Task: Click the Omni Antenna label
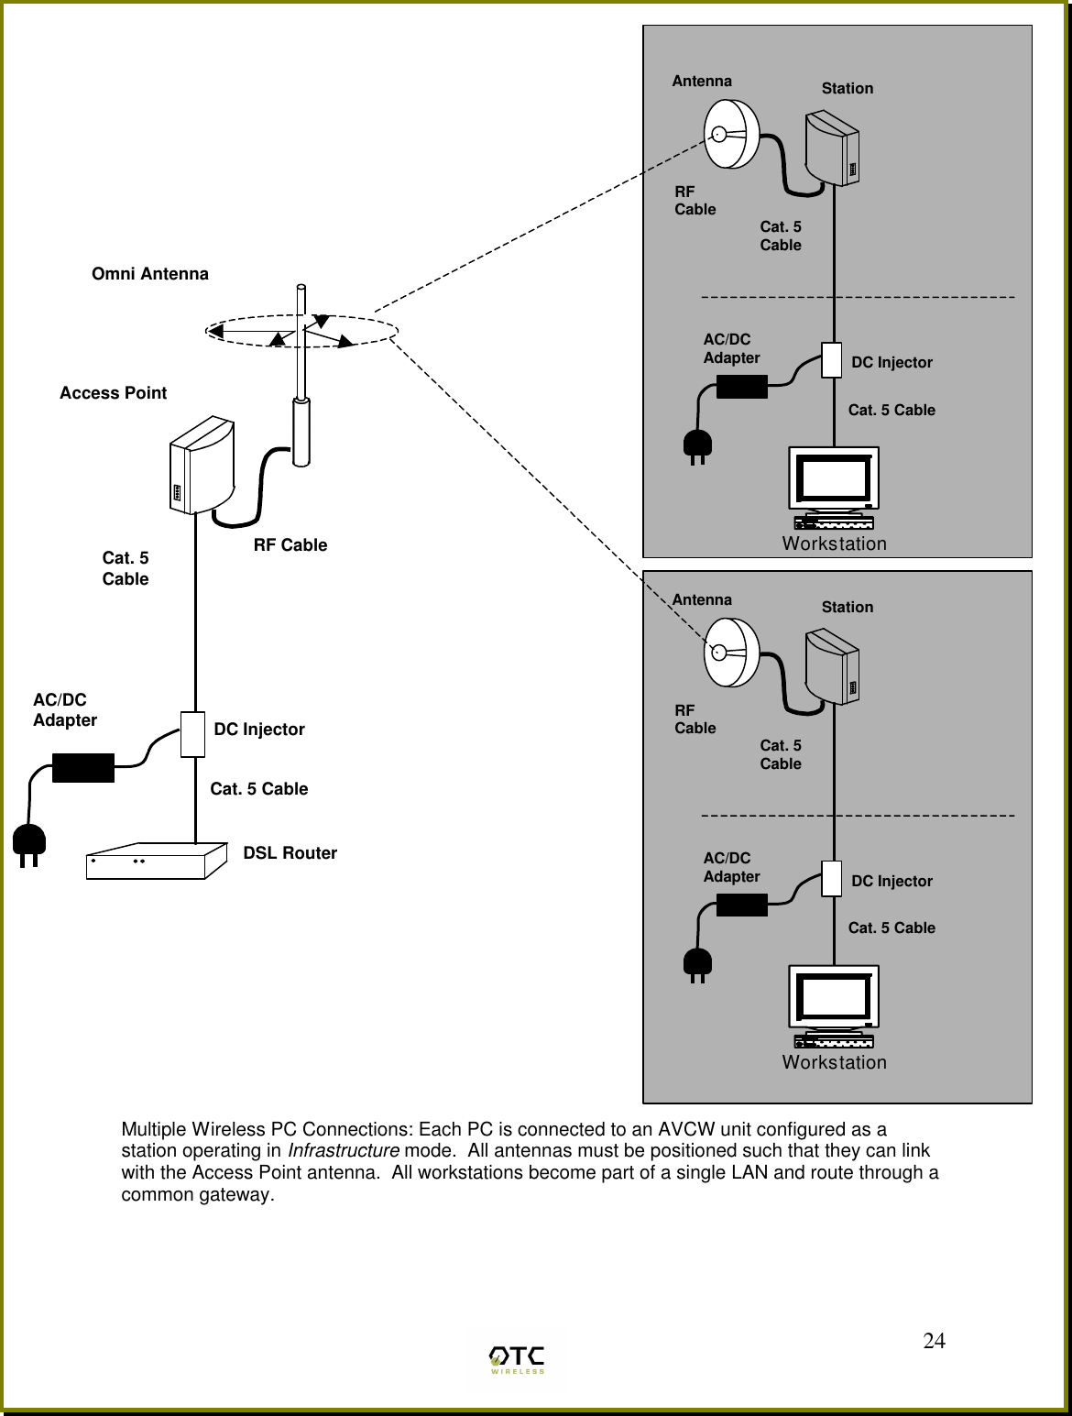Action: pyautogui.click(x=150, y=274)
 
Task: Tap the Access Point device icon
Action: pyautogui.click(x=202, y=467)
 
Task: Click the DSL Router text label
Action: pyautogui.click(x=290, y=853)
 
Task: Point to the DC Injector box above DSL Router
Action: pyautogui.click(x=192, y=733)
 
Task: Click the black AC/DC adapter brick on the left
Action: pyautogui.click(x=83, y=768)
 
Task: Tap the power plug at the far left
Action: pyautogui.click(x=27, y=846)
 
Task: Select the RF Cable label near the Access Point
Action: pyautogui.click(x=290, y=545)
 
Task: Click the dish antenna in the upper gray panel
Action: pyautogui.click(x=732, y=134)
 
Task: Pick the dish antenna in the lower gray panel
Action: pyautogui.click(x=732, y=653)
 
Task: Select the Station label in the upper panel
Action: pyautogui.click(x=847, y=89)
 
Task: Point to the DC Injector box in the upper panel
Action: pyautogui.click(x=831, y=360)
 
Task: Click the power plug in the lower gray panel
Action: pyautogui.click(x=697, y=964)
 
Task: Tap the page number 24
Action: pyautogui.click(x=934, y=1342)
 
